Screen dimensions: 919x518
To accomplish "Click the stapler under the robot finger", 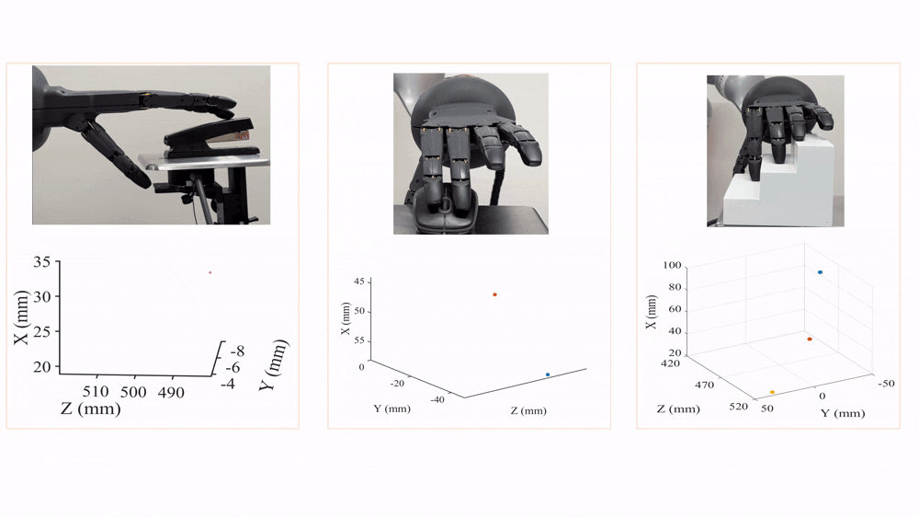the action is click(211, 140).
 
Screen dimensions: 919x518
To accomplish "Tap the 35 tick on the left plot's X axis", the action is click(41, 261).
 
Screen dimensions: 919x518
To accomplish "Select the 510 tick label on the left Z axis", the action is click(96, 391).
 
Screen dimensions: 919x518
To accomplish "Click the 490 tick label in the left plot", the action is click(171, 392).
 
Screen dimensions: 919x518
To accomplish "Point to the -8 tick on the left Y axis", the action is click(237, 351).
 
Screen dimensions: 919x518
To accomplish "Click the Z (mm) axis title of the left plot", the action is click(91, 409).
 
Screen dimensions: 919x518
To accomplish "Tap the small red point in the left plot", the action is click(210, 272).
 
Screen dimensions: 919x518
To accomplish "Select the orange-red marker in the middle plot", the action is click(494, 294).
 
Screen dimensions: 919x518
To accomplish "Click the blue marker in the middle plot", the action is click(548, 374).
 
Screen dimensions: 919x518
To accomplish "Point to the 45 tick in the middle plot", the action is click(359, 282).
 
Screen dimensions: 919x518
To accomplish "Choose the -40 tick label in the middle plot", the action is click(437, 399).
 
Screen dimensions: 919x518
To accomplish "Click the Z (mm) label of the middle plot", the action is click(528, 410).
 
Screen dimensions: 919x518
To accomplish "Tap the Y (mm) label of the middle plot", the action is click(392, 409).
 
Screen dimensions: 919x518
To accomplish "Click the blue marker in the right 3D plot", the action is click(820, 272).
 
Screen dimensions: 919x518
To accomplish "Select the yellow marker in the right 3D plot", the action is click(772, 392).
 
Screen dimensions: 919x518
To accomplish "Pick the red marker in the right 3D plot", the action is click(810, 340).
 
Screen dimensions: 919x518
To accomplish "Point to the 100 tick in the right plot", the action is click(673, 265).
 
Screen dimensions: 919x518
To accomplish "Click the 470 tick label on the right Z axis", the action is click(705, 385).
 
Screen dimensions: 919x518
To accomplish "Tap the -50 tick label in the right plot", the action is click(886, 384).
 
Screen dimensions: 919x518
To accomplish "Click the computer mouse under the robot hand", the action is click(447, 206).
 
